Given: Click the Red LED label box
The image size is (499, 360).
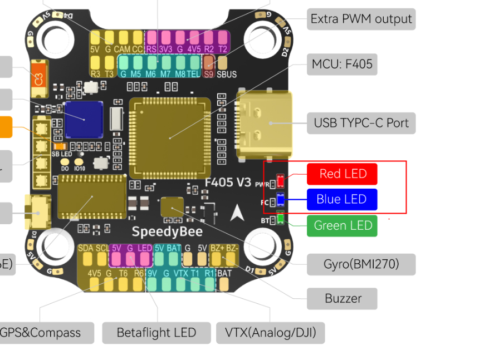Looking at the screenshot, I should [342, 174].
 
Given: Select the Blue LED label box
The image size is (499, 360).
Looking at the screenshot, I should [342, 200].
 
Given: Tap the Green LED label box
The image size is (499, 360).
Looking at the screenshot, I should [342, 225].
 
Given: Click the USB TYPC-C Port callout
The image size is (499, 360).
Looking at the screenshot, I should [361, 122].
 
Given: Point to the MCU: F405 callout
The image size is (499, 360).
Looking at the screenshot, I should [342, 64].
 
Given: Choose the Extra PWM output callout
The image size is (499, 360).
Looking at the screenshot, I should [361, 19].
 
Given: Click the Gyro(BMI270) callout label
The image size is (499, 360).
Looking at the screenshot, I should [361, 264].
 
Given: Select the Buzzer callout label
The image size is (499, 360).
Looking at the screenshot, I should [342, 298].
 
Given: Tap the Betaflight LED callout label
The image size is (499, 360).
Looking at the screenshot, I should [156, 333].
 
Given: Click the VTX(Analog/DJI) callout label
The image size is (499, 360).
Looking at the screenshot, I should [270, 333].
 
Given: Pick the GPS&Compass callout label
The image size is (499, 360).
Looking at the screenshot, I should [40, 333].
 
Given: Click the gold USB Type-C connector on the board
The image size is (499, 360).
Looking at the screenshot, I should [265, 124].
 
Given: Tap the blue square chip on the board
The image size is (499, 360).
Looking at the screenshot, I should [84, 119].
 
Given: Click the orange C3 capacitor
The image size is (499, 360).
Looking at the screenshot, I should [38, 78].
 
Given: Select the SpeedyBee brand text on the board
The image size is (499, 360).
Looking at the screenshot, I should [167, 231].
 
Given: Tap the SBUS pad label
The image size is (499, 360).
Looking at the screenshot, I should [227, 74].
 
